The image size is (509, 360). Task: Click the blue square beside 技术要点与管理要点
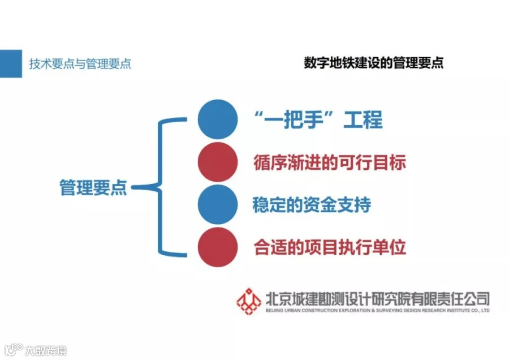(11, 64)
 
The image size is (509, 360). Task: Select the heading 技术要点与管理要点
(80, 64)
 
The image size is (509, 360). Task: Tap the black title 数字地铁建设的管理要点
(374, 63)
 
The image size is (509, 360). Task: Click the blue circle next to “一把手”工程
(218, 119)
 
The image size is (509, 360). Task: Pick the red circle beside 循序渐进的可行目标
(218, 162)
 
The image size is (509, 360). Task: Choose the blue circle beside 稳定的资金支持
(218, 204)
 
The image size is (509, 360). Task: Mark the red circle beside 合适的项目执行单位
(218, 247)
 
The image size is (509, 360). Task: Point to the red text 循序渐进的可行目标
(330, 162)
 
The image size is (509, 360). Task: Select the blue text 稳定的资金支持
(312, 205)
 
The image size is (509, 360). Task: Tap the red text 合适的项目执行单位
(330, 247)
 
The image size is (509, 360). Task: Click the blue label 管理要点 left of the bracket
(93, 187)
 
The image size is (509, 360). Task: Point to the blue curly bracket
(159, 187)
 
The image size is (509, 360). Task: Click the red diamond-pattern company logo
(249, 302)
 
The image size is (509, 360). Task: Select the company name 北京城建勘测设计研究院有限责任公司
(378, 299)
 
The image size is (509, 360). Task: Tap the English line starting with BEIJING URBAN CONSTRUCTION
(378, 311)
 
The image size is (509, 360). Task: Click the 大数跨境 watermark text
(46, 350)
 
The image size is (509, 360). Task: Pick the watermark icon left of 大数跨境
(14, 350)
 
